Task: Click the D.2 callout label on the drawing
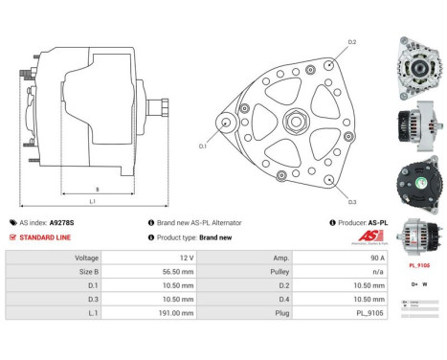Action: (x=351, y=42)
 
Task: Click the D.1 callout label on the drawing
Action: (x=203, y=146)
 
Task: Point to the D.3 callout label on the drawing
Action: (x=352, y=202)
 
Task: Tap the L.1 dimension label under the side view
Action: (x=92, y=202)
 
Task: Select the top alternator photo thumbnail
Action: (x=418, y=69)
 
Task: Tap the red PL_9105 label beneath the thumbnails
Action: (x=418, y=265)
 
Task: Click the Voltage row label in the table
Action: (x=87, y=259)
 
